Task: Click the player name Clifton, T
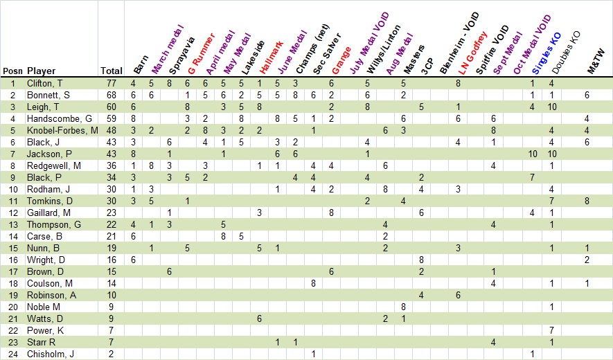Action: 45,83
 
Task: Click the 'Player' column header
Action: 41,71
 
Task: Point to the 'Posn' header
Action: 12,71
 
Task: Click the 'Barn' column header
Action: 139,64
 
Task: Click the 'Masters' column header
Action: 411,61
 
